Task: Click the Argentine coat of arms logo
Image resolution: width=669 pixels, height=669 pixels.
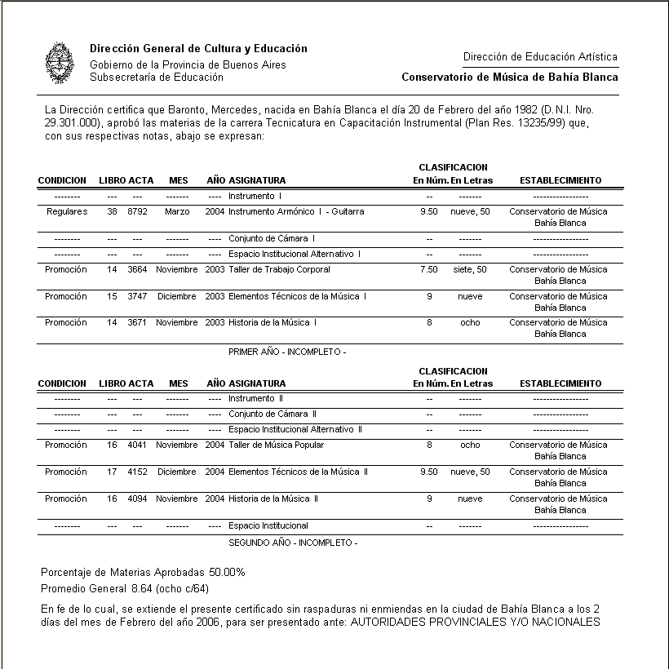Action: coord(58,64)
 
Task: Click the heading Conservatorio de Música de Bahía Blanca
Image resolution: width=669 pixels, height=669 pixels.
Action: coord(510,78)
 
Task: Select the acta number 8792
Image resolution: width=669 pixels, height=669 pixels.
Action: coord(136,211)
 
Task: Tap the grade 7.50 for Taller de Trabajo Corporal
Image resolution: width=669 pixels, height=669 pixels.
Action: coord(428,269)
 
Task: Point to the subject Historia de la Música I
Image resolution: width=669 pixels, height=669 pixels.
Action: coord(272,322)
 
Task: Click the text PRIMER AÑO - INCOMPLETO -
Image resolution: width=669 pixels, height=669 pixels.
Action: coord(288,352)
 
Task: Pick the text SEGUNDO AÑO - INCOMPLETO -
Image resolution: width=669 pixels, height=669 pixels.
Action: coord(293,543)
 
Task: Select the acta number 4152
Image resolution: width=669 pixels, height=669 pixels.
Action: coord(136,472)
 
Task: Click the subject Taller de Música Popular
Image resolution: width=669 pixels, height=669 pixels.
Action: coord(276,445)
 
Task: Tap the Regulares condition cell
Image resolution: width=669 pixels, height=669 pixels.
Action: coord(67,211)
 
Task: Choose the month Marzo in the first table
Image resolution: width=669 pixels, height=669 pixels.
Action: coord(177,211)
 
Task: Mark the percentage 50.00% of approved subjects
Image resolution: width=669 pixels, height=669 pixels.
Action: coord(228,572)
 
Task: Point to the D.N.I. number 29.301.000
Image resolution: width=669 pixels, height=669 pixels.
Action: coord(73,122)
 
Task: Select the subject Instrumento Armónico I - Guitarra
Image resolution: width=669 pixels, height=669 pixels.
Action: coord(296,211)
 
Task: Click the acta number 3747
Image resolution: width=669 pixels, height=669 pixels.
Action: coord(136,296)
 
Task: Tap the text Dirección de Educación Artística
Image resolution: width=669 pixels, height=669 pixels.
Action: coord(540,57)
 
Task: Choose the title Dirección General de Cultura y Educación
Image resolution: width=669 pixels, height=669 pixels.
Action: coord(198,49)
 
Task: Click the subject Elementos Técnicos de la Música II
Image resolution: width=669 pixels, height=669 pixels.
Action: coord(298,472)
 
